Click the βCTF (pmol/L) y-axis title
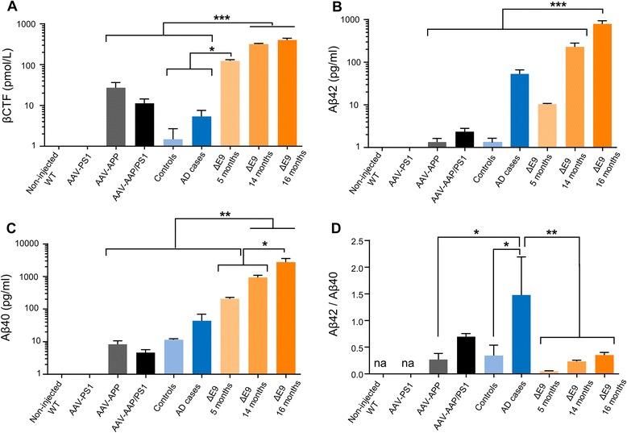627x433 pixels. (x=12, y=85)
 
